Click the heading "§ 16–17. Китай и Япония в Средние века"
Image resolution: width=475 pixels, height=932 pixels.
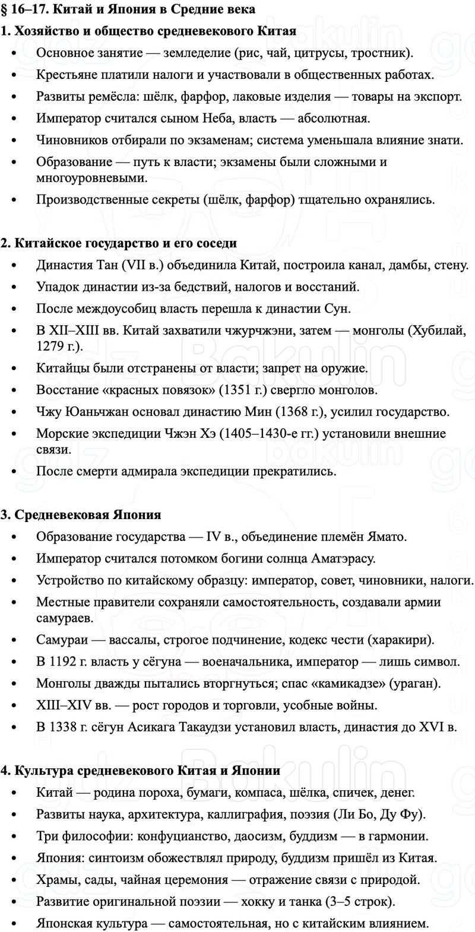pos(128,9)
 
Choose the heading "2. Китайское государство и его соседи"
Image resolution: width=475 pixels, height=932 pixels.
pos(119,243)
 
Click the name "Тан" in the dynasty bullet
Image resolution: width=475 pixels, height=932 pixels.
pos(107,265)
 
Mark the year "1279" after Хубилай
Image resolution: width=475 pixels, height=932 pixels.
pos(49,346)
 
